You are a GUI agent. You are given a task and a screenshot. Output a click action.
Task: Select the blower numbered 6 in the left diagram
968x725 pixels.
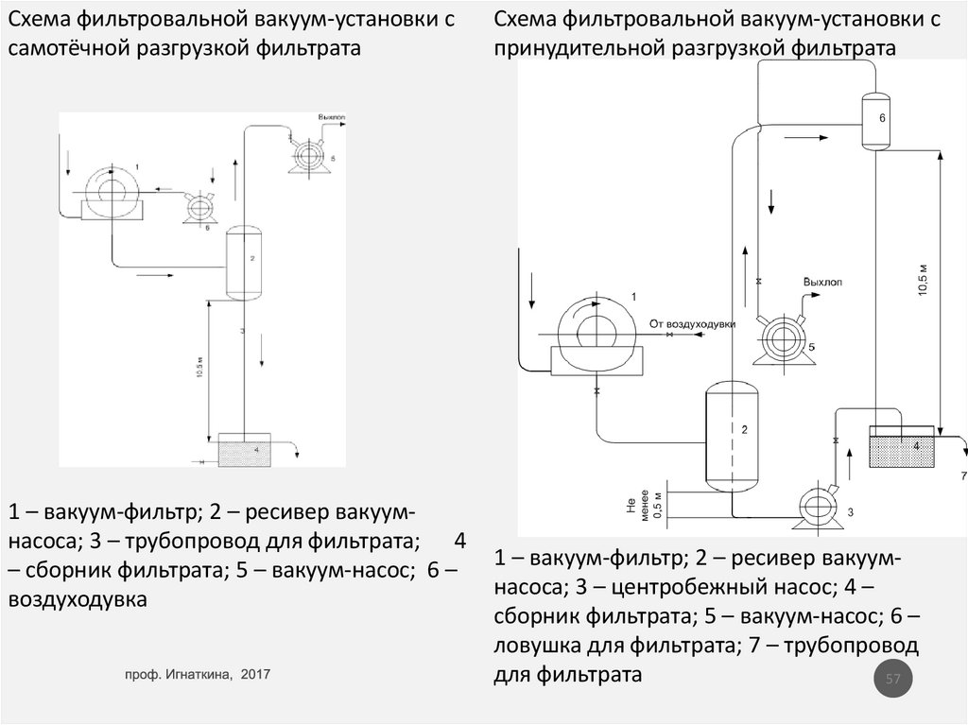[199, 206]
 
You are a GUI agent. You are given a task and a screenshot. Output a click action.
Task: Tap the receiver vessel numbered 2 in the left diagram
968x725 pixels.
[244, 264]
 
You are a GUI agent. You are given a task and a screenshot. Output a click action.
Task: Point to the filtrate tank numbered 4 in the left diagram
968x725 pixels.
[244, 450]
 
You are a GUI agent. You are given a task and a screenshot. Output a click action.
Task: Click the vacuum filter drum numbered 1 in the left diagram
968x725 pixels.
[111, 191]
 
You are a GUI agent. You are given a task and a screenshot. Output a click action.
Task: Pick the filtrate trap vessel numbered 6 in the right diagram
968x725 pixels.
[875, 120]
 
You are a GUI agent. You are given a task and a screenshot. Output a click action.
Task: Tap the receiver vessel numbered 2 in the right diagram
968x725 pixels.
[731, 435]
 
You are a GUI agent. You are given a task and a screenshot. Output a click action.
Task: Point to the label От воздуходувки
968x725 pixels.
[692, 324]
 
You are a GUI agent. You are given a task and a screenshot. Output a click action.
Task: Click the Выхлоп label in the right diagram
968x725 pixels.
[821, 282]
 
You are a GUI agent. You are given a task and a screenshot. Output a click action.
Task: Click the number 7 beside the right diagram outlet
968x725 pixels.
[963, 475]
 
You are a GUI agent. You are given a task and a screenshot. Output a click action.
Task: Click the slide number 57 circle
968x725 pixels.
[893, 680]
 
